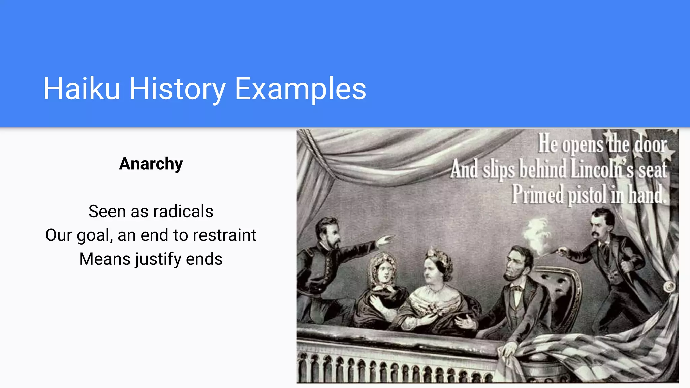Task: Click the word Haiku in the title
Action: pyautogui.click(x=82, y=89)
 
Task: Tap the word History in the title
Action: pyautogui.click(x=178, y=89)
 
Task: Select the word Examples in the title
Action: pyautogui.click(x=300, y=89)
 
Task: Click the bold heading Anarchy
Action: pyautogui.click(x=151, y=164)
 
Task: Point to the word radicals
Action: pyautogui.click(x=183, y=212)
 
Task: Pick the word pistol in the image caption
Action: pyautogui.click(x=587, y=195)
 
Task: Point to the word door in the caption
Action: pyautogui.click(x=651, y=145)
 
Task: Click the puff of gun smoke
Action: pyautogui.click(x=536, y=234)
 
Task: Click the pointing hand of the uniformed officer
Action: pyautogui.click(x=385, y=240)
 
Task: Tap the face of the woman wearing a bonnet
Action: pyautogui.click(x=383, y=271)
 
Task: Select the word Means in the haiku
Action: pyautogui.click(x=105, y=259)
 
